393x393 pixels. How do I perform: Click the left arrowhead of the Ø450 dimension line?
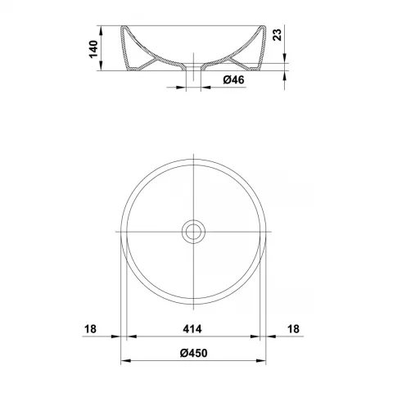[x=124, y=361]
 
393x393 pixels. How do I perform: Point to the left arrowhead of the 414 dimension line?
[x=129, y=337]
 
